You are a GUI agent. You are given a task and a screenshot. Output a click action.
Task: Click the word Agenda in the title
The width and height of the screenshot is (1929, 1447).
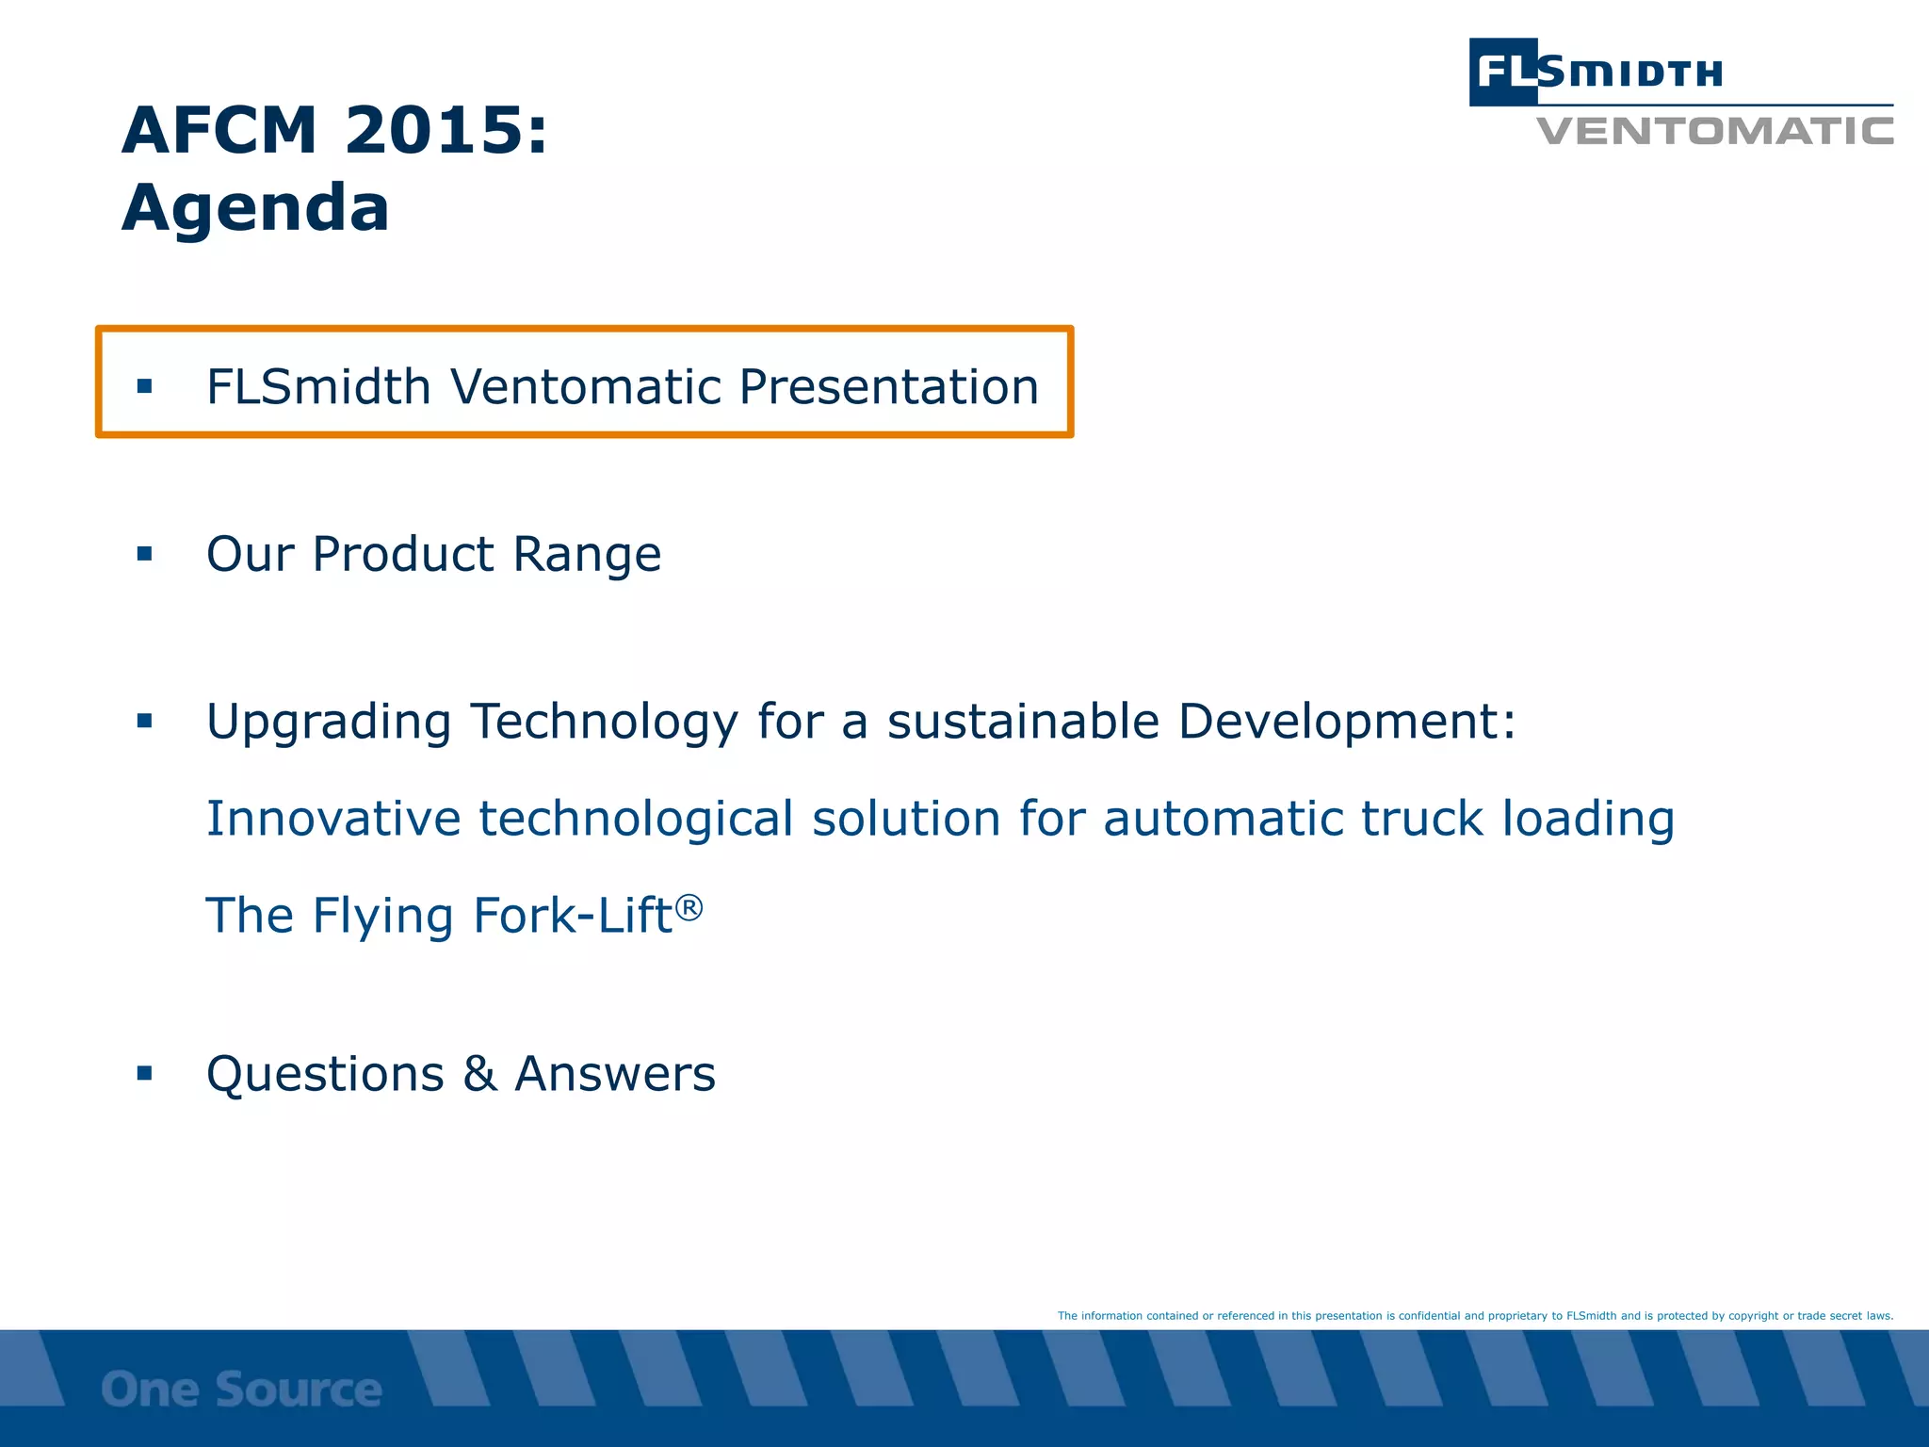(x=255, y=209)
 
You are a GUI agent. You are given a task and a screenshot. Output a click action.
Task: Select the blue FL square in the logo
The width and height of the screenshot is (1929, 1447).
(x=1503, y=72)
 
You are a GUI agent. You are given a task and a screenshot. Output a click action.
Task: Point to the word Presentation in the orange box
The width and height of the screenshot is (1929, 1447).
(x=888, y=387)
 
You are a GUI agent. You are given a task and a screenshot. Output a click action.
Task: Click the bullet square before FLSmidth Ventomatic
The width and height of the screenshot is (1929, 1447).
(x=144, y=386)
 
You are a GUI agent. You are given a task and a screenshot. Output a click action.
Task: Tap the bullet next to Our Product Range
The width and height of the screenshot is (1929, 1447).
(x=144, y=554)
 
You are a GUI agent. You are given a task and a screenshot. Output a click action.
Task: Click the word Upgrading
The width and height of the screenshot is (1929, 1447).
(x=329, y=723)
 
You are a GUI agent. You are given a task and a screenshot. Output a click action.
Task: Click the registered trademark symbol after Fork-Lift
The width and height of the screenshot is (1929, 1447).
(x=689, y=907)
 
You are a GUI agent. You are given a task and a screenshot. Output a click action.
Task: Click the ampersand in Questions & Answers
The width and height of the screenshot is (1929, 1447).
(x=479, y=1074)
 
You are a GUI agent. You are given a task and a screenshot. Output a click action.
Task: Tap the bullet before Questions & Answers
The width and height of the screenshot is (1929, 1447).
(x=144, y=1073)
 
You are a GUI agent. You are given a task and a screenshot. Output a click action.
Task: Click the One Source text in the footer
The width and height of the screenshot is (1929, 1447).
(x=241, y=1390)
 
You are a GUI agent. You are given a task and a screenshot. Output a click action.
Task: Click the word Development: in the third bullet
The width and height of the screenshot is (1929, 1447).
(x=1347, y=723)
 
